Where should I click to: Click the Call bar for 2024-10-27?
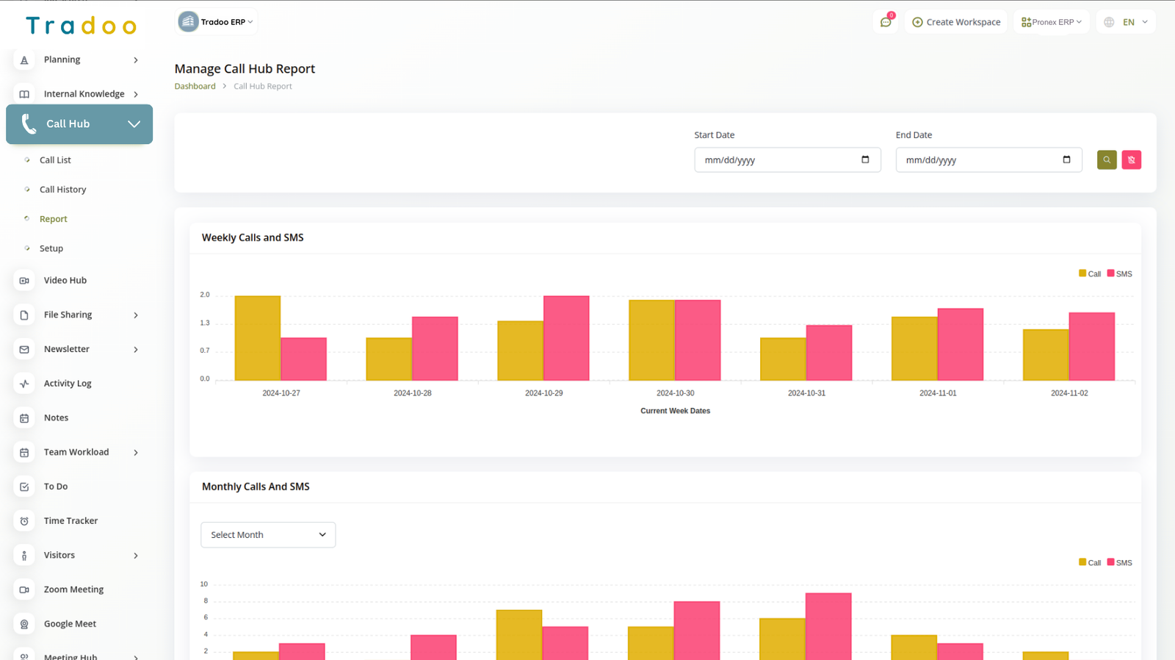coord(257,338)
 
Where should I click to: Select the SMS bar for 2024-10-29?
coord(566,338)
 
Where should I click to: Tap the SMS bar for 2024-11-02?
coord(1092,346)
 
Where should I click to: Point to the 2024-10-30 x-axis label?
coord(675,393)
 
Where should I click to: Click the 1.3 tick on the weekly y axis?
coord(205,323)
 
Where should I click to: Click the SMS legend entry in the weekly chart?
coord(1120,273)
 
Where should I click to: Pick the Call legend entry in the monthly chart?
coord(1090,562)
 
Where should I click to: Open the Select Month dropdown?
coord(268,535)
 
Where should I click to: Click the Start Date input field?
coord(778,160)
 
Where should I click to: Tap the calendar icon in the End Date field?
coord(1066,159)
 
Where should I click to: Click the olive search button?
coord(1107,159)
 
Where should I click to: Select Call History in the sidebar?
coord(62,190)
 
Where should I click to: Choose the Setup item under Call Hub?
coord(51,248)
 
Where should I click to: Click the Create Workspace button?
coord(956,22)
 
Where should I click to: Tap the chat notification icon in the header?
coord(886,22)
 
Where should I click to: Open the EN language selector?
coord(1127,22)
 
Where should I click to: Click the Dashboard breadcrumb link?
coord(195,86)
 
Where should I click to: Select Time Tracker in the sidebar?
coord(70,521)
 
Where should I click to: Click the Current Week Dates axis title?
coord(675,411)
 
